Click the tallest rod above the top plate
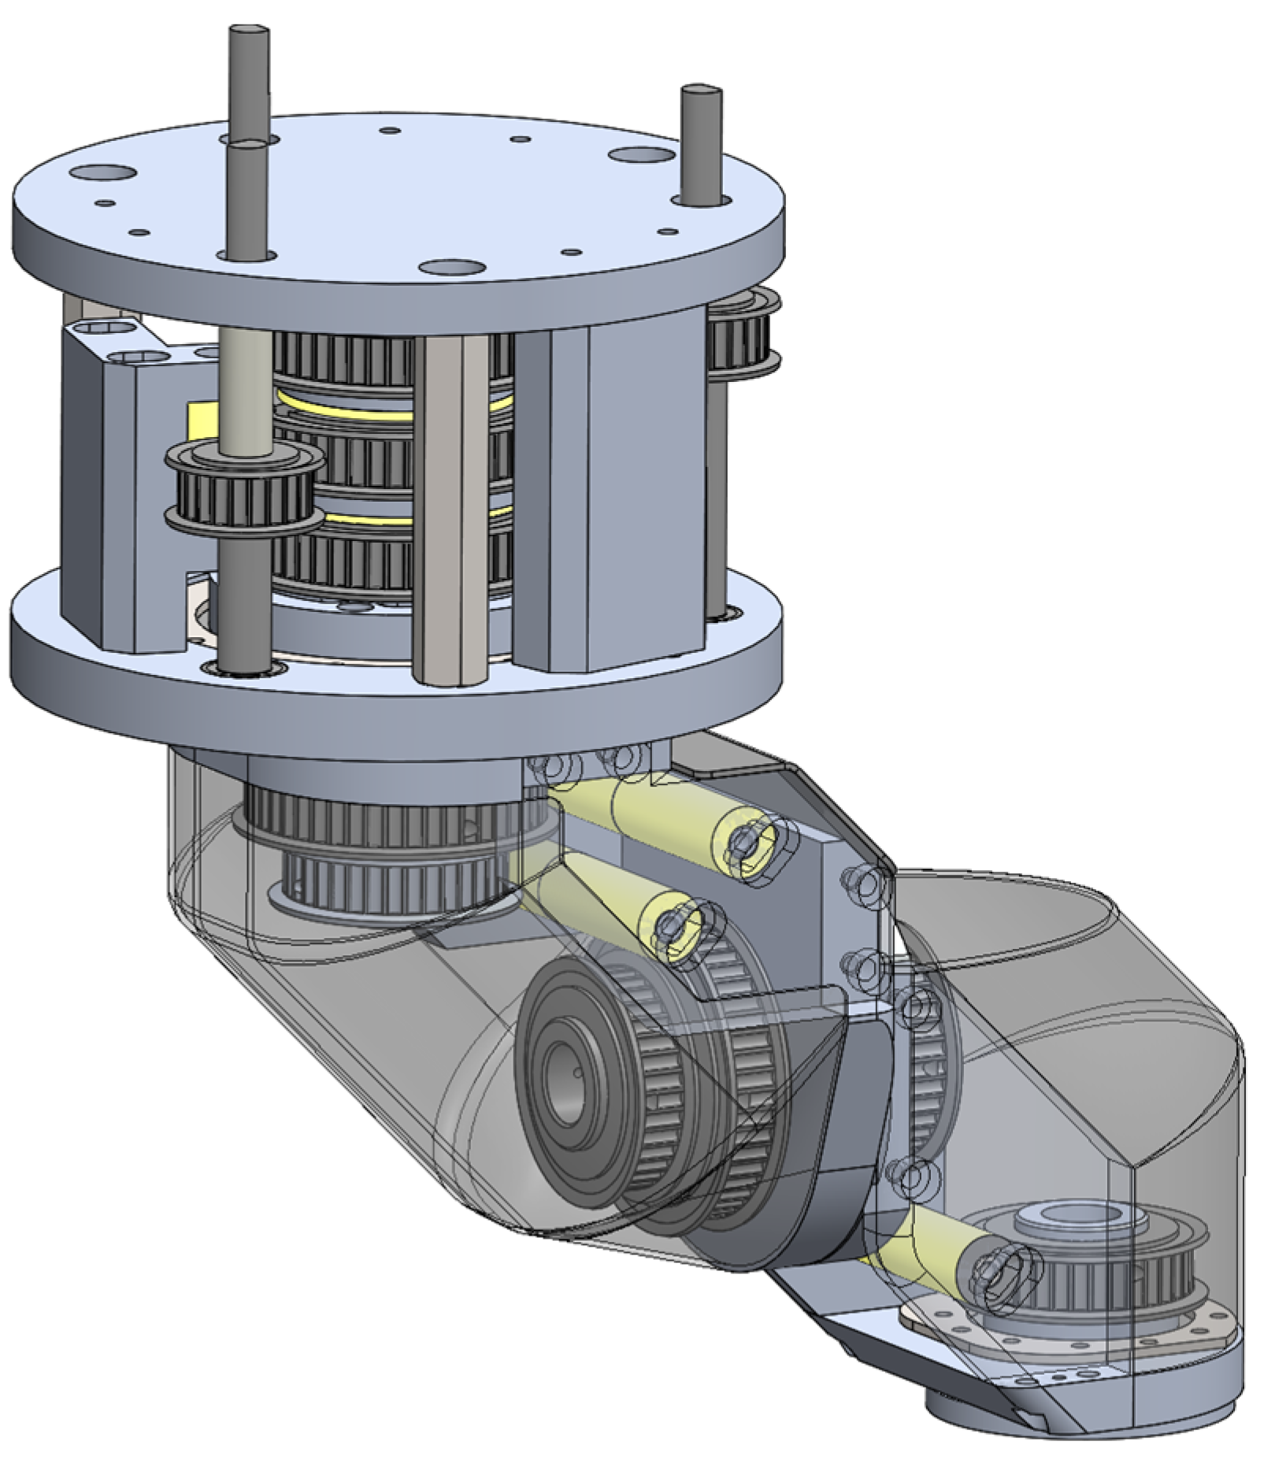249,79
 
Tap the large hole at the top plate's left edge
102,171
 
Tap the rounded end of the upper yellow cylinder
752,844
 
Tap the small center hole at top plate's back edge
390,130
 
